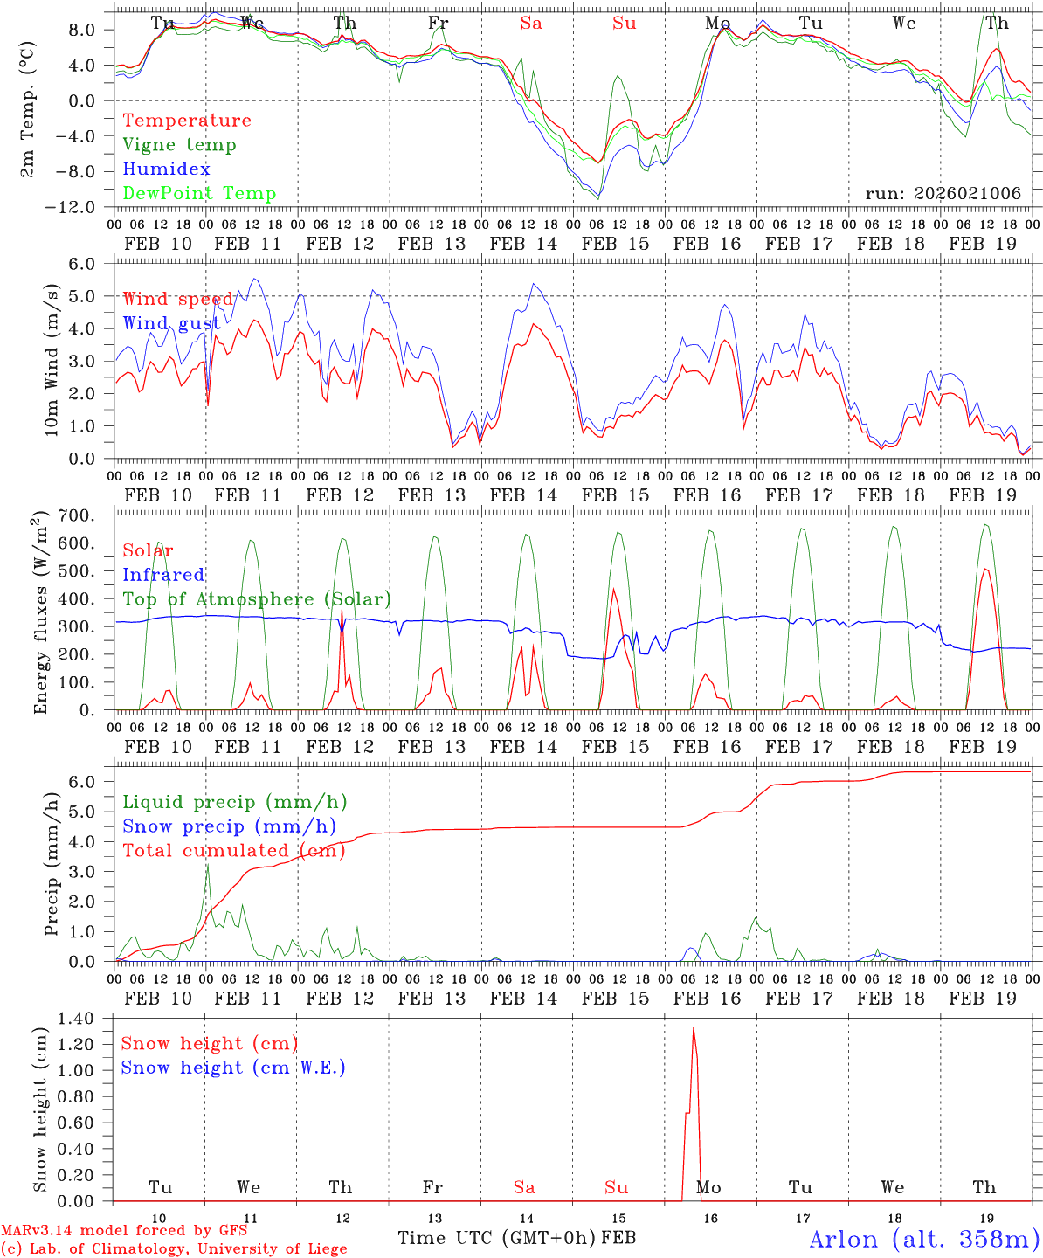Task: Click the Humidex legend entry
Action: tap(166, 169)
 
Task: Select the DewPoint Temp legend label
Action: tap(199, 194)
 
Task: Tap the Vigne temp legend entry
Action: tap(179, 145)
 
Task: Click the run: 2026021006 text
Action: tap(943, 194)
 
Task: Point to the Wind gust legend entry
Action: tap(171, 324)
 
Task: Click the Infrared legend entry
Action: tap(163, 575)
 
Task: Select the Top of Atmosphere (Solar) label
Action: tap(256, 599)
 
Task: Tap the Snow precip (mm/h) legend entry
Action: tap(229, 826)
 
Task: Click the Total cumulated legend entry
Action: tap(233, 851)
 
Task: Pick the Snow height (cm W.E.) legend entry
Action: tap(233, 1068)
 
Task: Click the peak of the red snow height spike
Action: tap(694, 1028)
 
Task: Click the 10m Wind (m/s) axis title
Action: tap(51, 360)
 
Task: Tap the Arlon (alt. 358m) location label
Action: tap(924, 1239)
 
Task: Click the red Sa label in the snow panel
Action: tap(524, 1187)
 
